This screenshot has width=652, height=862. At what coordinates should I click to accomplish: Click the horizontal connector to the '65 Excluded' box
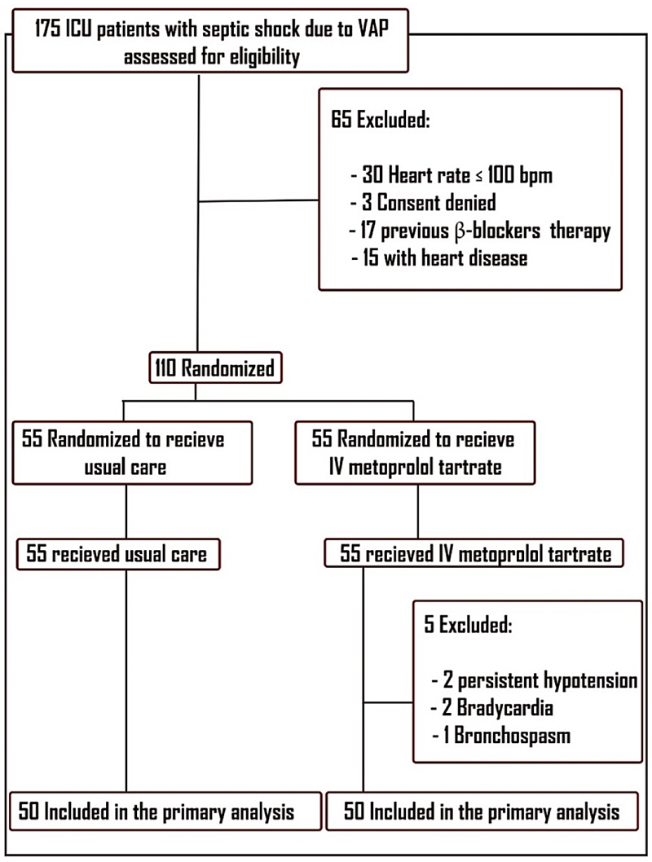pos(258,200)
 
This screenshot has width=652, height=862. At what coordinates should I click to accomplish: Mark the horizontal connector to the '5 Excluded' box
pos(387,701)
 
